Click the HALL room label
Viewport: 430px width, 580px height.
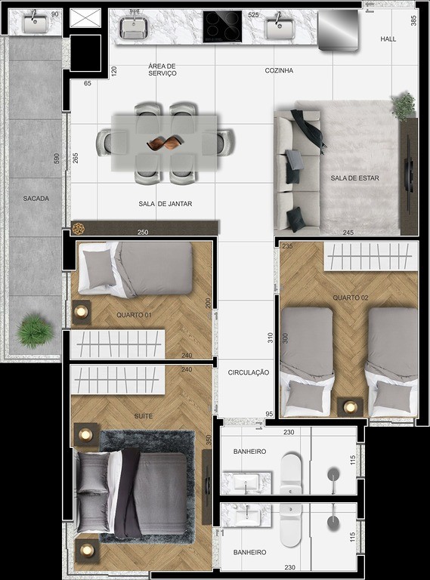(x=388, y=39)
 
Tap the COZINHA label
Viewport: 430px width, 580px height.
(x=279, y=70)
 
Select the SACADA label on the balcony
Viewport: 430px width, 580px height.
(x=36, y=199)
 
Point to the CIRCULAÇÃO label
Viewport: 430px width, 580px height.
(x=249, y=372)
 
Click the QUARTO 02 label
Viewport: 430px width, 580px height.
(x=351, y=298)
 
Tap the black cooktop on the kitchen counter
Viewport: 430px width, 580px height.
(x=222, y=26)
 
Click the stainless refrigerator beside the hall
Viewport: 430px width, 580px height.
(x=339, y=30)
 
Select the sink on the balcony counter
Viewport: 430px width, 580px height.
(x=36, y=23)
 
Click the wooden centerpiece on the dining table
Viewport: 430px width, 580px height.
(x=165, y=143)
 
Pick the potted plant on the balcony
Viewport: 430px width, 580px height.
(x=33, y=330)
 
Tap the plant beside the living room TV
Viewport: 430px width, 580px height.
(x=404, y=105)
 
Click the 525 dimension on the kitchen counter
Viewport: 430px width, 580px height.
(x=253, y=15)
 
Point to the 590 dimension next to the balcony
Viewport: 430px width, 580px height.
(x=57, y=159)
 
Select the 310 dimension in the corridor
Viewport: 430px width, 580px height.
(x=270, y=338)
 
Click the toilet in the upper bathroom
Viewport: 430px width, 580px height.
(x=291, y=474)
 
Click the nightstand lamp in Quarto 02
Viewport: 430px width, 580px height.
(x=350, y=408)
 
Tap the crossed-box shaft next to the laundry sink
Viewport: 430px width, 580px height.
(x=85, y=18)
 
